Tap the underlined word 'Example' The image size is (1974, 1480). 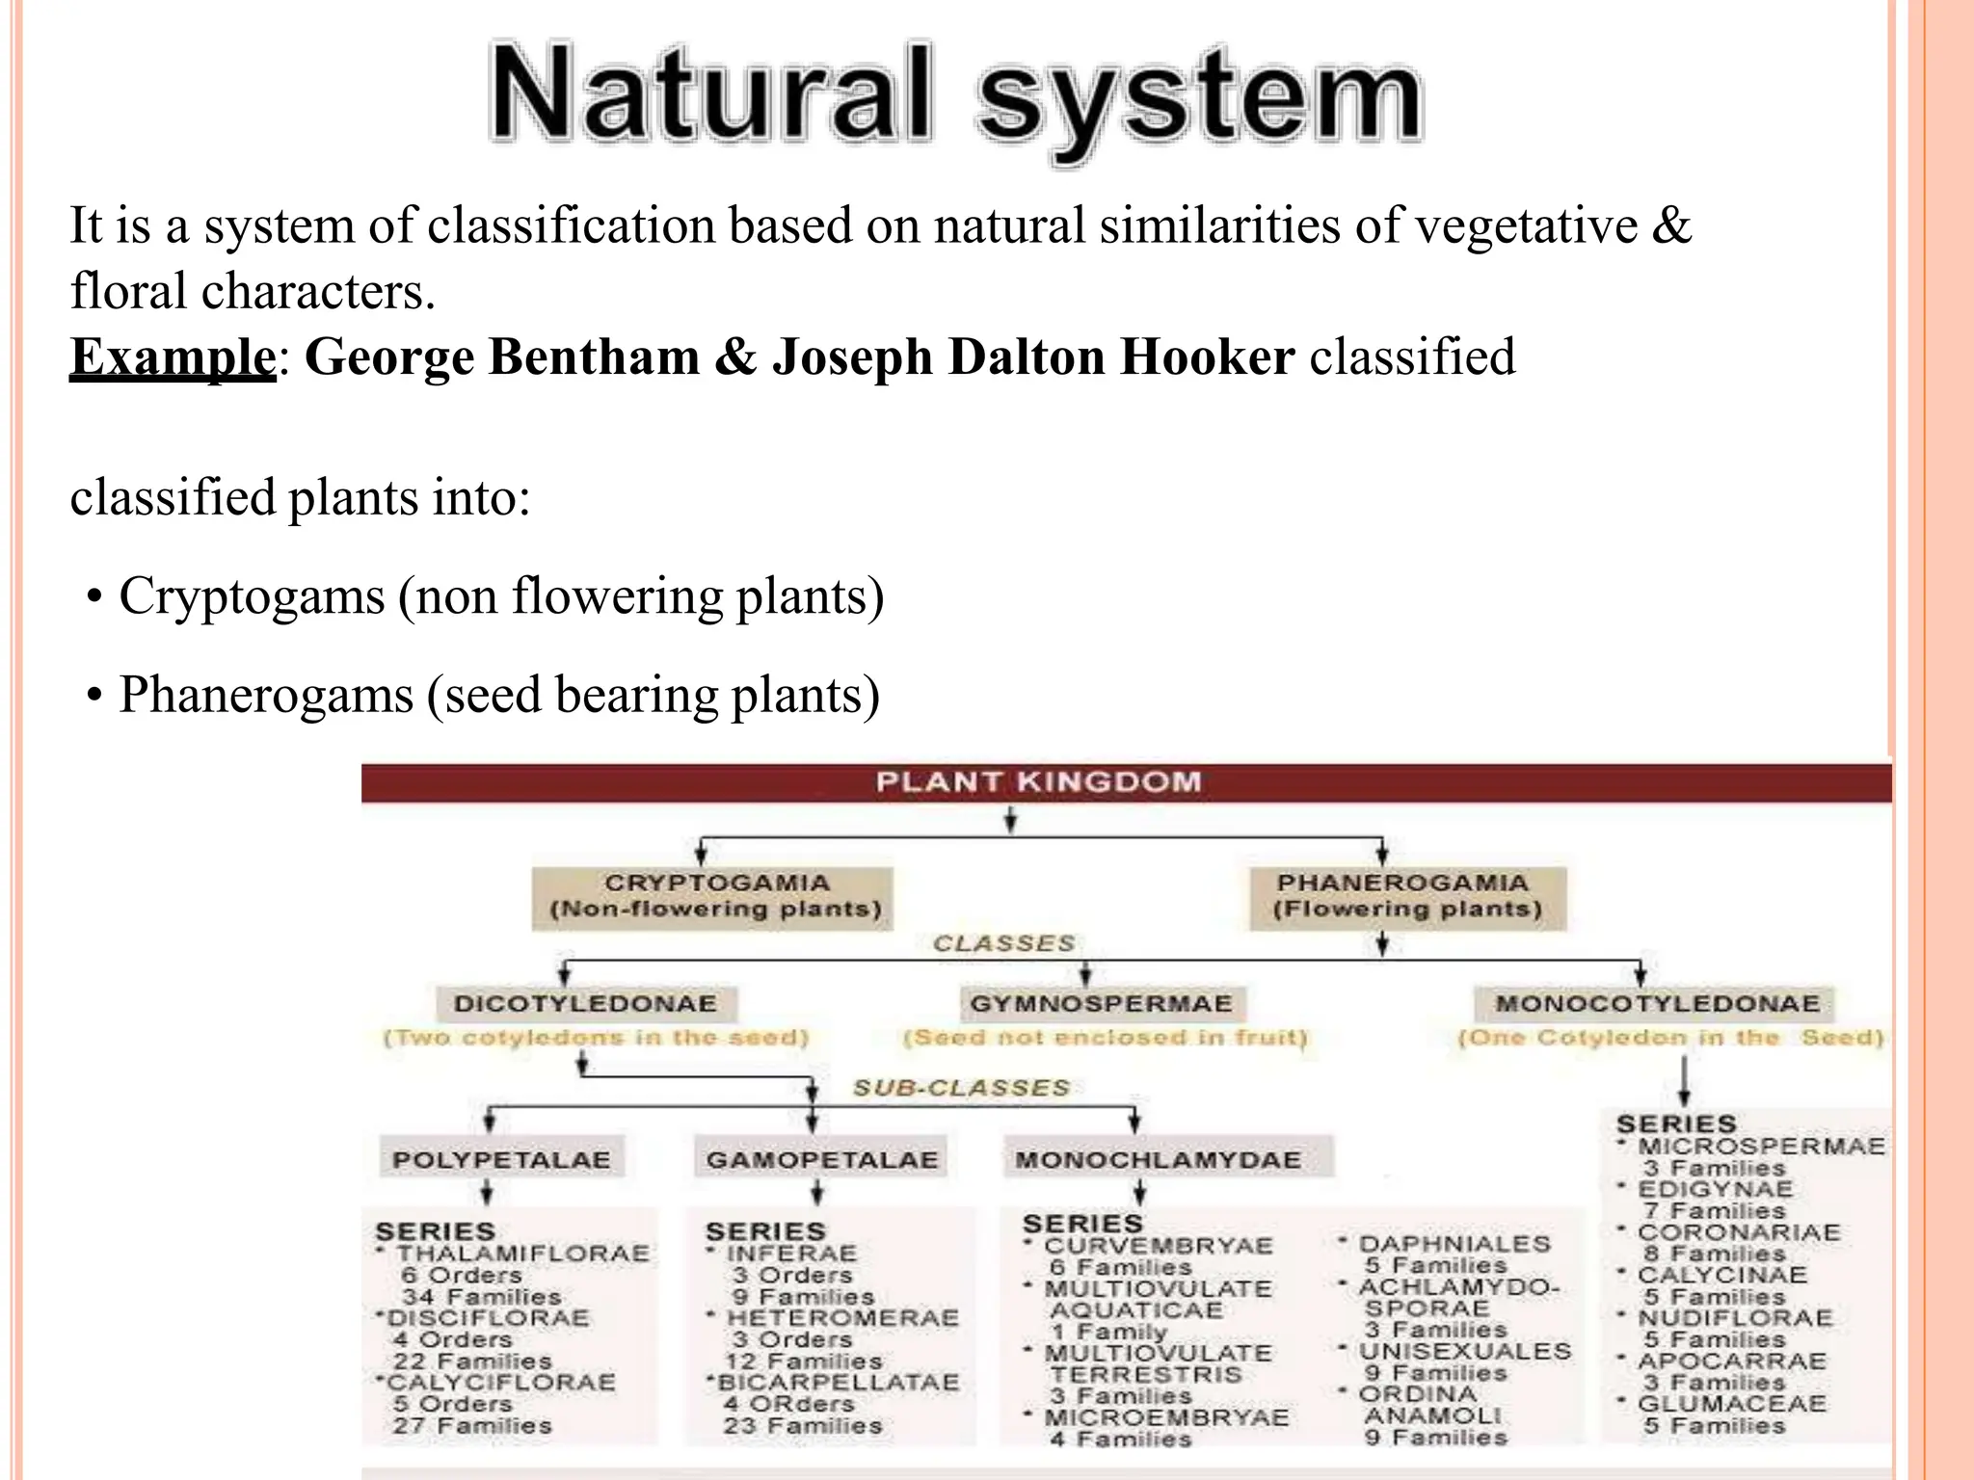point(173,357)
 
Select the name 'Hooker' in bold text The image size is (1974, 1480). point(1207,357)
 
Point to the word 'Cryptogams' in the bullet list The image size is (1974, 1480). point(252,596)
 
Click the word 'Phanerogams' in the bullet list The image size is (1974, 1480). point(266,696)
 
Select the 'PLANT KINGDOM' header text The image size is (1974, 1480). point(1038,782)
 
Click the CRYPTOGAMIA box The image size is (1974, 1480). point(713,897)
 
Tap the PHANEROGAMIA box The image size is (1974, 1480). point(1406,897)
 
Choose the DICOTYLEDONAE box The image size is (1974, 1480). point(585,1004)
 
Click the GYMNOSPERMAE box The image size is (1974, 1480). point(1101,1004)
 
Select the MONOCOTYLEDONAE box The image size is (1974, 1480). point(1657,1004)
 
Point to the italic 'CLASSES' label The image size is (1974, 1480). point(1003,943)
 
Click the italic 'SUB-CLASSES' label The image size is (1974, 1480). point(961,1088)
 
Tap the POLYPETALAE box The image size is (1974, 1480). point(501,1159)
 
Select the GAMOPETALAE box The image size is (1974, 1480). point(821,1159)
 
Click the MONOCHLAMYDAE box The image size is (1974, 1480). point(1158,1159)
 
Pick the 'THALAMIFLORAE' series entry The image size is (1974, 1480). point(522,1254)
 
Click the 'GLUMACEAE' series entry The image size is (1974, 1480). point(1731,1404)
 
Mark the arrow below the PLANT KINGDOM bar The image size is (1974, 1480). point(1010,821)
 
